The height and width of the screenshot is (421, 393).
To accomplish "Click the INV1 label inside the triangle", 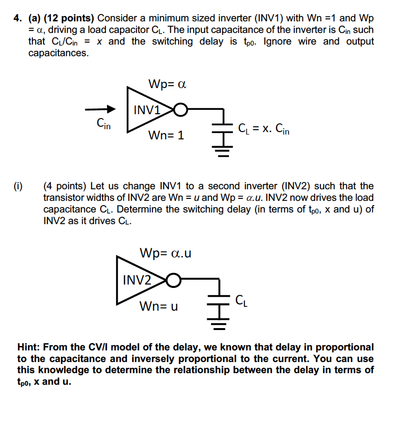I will (147, 110).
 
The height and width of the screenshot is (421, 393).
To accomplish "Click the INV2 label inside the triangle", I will (137, 280).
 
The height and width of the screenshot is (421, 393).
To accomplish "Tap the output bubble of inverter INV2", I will (174, 280).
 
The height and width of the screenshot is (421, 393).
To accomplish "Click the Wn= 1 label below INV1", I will (166, 135).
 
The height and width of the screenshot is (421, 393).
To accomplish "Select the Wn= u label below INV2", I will (158, 306).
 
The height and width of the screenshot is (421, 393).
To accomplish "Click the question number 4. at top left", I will (18, 19).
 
